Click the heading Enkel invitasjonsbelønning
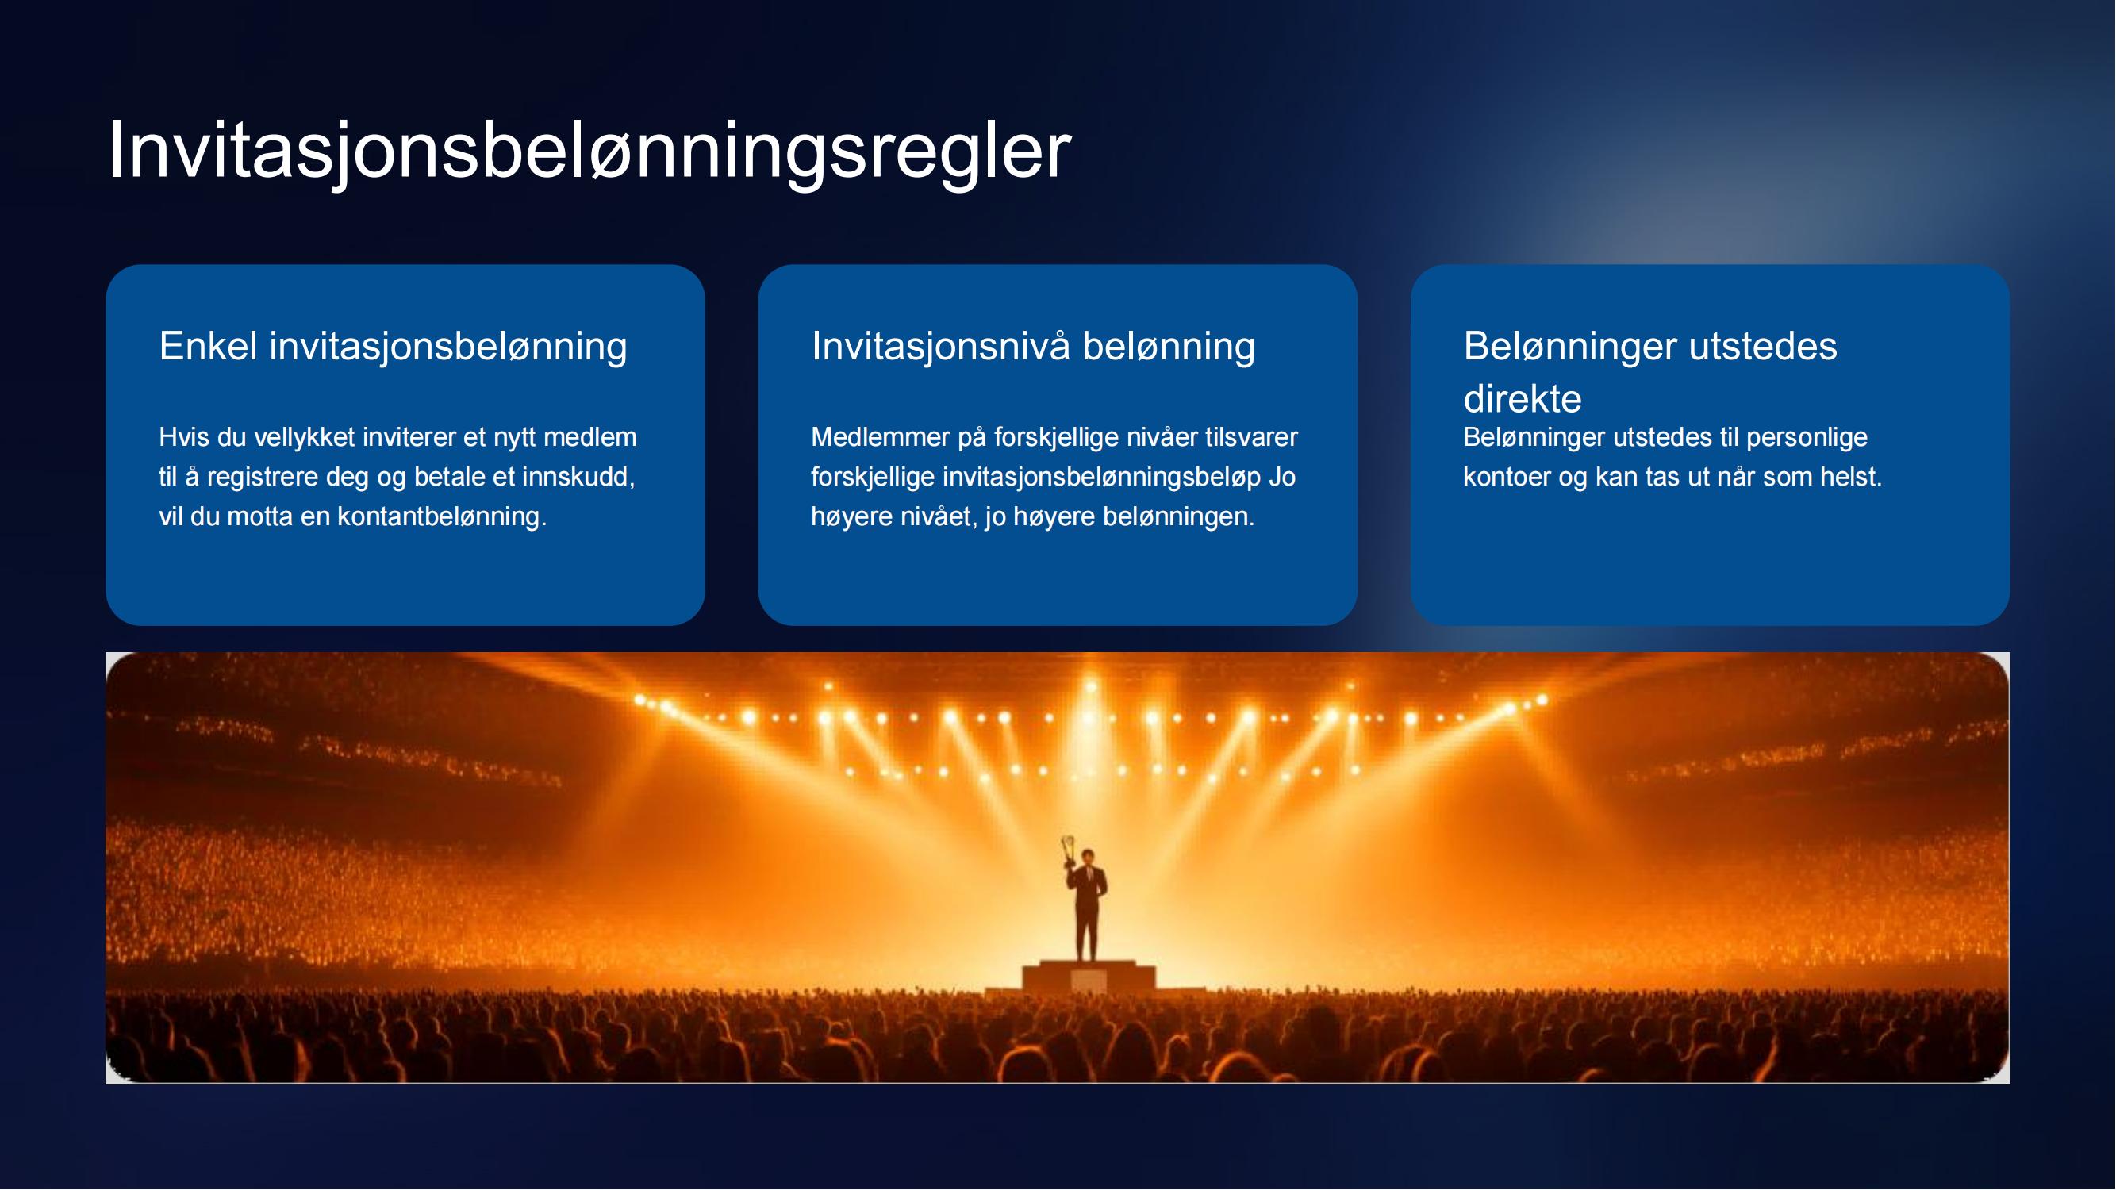coord(393,347)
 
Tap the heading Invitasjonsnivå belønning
coord(1033,347)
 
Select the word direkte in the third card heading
coord(1522,399)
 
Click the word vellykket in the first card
coord(304,438)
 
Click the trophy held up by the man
coord(1069,850)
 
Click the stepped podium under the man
coord(1089,977)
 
